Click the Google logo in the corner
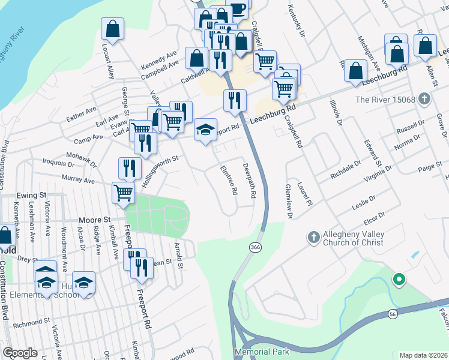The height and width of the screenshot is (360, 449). (20, 353)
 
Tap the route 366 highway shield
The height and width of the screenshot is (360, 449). (255, 247)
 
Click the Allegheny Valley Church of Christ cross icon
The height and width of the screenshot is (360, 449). (313, 238)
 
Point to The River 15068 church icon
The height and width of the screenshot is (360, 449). (424, 98)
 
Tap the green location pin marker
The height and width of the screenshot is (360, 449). (397, 279)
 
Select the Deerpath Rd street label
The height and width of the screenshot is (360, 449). (249, 181)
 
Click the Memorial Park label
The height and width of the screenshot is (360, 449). (262, 352)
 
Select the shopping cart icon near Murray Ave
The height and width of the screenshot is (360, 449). (123, 193)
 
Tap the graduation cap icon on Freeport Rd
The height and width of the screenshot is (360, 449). (205, 129)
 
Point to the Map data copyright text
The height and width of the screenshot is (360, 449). (424, 355)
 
